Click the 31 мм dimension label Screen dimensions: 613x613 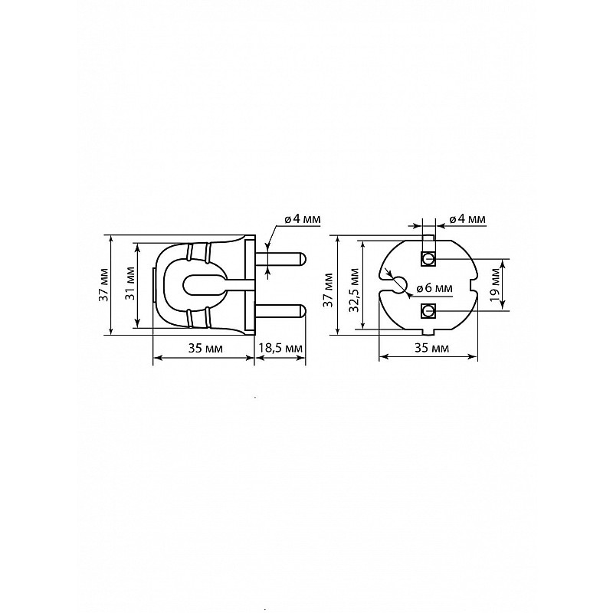[x=131, y=284]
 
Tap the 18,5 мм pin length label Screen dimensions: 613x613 [x=280, y=348]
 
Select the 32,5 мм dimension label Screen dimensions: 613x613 [x=354, y=290]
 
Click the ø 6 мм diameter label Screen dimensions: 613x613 [x=434, y=288]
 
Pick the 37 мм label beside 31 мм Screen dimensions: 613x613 [x=103, y=284]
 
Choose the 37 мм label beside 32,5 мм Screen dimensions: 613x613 [x=329, y=290]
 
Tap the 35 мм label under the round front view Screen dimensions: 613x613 [x=432, y=348]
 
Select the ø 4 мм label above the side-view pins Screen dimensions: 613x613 [x=303, y=218]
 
